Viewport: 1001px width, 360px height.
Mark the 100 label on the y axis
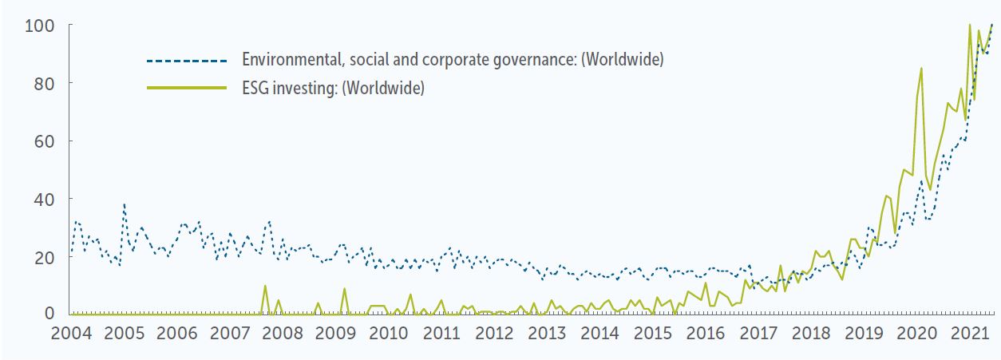click(38, 26)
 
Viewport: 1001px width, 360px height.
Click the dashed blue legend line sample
click(187, 61)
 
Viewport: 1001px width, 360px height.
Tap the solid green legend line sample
click(187, 88)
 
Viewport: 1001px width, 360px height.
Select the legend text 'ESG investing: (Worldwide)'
click(333, 88)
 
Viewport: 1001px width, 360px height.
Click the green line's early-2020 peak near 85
click(921, 69)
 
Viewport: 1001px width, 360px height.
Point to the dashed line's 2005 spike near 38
click(124, 204)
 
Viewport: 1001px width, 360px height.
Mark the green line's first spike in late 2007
click(265, 286)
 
